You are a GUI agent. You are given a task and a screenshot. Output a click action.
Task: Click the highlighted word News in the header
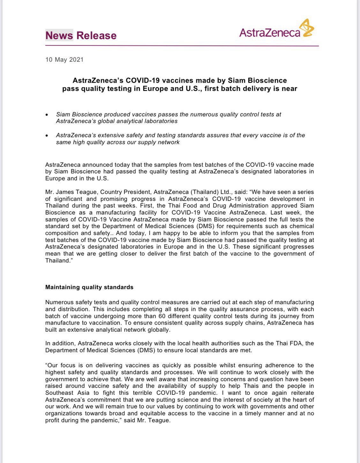tap(59, 35)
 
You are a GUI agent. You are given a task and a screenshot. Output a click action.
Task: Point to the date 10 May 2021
tap(64, 60)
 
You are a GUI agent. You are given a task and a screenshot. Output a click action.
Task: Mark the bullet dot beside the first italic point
tap(47, 114)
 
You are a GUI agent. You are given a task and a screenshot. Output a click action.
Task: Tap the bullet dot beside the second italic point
tap(47, 136)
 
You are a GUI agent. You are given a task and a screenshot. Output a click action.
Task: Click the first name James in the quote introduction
tap(69, 192)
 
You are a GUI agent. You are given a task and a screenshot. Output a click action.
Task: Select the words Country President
tap(125, 192)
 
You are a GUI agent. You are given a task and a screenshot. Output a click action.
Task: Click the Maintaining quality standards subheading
tap(89, 287)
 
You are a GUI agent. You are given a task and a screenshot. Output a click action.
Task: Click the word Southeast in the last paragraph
tap(59, 393)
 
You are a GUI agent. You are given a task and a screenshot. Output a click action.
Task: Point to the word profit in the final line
tap(53, 420)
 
